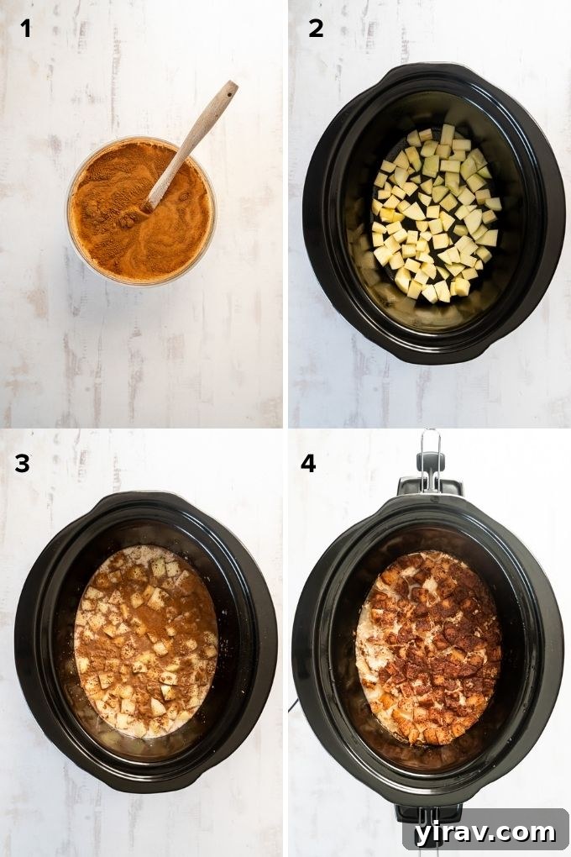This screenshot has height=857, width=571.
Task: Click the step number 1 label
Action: click(x=26, y=29)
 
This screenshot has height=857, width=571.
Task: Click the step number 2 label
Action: click(x=316, y=29)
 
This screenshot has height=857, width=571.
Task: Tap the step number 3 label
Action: click(x=22, y=463)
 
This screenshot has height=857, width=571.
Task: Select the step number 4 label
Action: click(x=309, y=463)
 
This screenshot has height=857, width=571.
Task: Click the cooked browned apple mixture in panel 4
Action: click(x=428, y=647)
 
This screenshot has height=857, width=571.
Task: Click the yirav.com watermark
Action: click(x=485, y=831)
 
